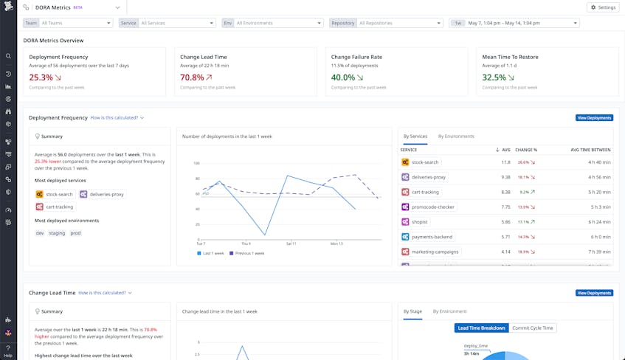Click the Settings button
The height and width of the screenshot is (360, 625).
[x=603, y=7]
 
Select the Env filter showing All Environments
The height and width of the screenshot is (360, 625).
[x=279, y=24]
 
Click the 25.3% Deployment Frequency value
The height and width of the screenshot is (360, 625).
[x=41, y=77]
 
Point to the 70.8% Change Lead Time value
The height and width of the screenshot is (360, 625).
[x=192, y=77]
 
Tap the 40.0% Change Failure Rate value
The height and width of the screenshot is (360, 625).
[x=343, y=77]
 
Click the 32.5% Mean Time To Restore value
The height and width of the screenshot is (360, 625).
[x=494, y=77]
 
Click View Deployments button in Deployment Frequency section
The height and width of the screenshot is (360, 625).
[x=594, y=118]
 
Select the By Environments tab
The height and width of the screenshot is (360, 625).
[x=456, y=136]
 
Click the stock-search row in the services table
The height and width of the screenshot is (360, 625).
[x=425, y=162]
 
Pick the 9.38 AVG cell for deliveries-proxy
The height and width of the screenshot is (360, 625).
[x=505, y=177]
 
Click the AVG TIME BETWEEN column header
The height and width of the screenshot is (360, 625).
[x=590, y=150]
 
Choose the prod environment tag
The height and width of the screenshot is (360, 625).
[x=76, y=233]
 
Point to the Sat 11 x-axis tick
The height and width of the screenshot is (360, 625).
[x=290, y=243]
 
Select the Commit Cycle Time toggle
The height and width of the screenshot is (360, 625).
[x=534, y=328]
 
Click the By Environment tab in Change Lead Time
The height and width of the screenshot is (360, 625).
[x=449, y=311]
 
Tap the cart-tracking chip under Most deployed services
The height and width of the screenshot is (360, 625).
[x=55, y=207]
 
